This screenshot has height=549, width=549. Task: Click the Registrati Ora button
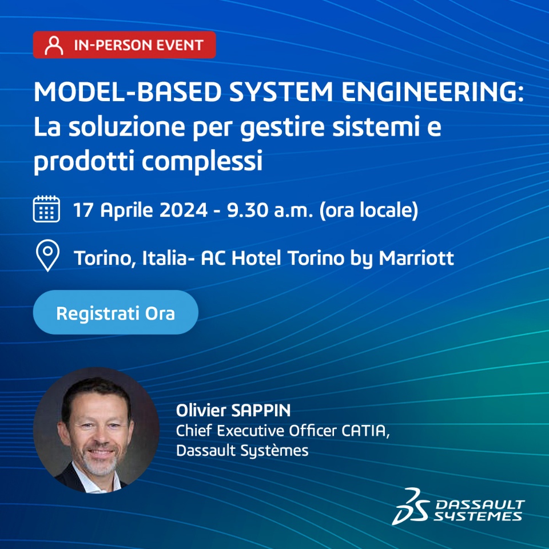click(116, 312)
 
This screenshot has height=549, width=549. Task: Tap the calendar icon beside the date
click(46, 209)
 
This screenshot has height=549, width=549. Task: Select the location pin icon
click(47, 256)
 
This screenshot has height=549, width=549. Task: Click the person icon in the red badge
click(54, 45)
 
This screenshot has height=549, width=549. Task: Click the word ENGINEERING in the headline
click(432, 91)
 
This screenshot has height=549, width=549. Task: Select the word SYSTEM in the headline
click(281, 91)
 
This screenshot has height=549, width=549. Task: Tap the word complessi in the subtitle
click(202, 161)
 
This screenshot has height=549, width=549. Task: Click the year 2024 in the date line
click(184, 210)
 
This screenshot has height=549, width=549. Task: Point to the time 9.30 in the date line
click(247, 210)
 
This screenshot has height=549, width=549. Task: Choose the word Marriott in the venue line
click(416, 258)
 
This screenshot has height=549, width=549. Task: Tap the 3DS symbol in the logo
click(411, 506)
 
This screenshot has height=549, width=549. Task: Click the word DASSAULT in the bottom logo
click(480, 504)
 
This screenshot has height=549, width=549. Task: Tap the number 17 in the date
click(83, 210)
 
